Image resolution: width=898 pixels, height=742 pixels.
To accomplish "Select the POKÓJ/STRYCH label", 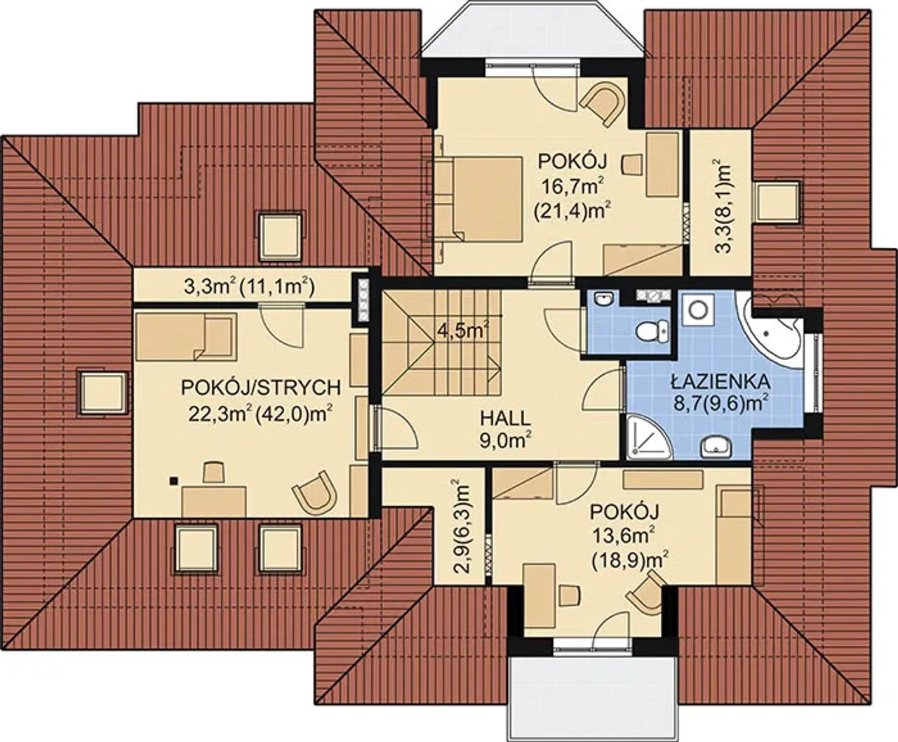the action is pos(260,387).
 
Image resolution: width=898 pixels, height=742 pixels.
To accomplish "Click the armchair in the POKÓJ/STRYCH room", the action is pos(315,492).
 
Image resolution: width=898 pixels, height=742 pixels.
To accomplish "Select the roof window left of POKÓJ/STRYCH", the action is pos(102,392).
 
